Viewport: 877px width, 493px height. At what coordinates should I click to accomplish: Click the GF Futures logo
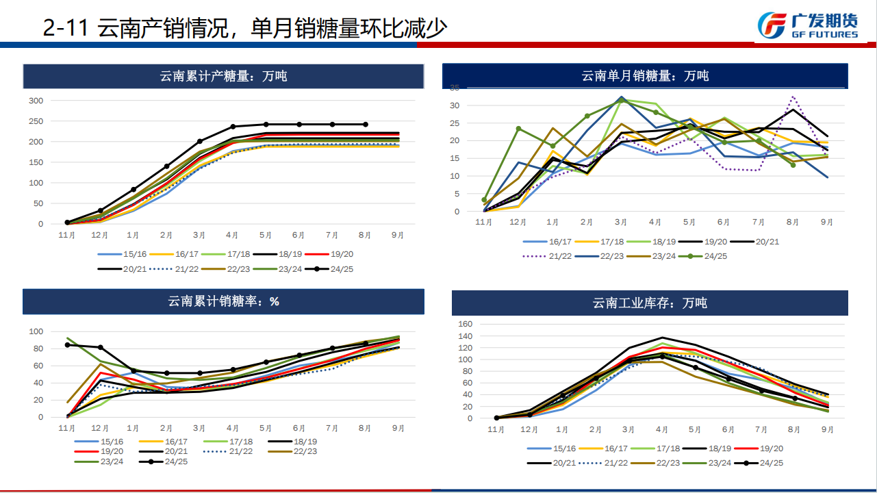(x=808, y=25)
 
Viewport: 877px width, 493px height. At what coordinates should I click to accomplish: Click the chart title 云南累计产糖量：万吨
(x=223, y=76)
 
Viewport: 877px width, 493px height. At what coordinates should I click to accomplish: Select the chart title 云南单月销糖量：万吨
(x=645, y=76)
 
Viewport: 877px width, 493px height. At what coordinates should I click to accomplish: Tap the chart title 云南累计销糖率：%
(x=223, y=301)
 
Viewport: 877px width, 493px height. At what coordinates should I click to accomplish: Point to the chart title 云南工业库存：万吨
(x=650, y=303)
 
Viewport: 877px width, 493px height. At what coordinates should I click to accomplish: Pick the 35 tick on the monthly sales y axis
(x=473, y=88)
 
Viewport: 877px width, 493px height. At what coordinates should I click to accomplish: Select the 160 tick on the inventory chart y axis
(x=465, y=324)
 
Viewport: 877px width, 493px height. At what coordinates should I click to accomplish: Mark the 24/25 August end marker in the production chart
(x=365, y=125)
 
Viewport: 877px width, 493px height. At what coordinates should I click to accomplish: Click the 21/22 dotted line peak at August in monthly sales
(x=793, y=97)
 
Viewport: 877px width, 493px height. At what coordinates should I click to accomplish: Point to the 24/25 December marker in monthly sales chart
(x=518, y=129)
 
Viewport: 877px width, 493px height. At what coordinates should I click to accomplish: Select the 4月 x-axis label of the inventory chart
(x=661, y=430)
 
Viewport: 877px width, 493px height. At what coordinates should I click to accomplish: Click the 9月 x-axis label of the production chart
(x=398, y=236)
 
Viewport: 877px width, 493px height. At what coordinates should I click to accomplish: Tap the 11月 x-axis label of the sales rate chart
(x=67, y=428)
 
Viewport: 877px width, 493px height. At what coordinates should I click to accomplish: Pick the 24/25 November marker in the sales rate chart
(x=67, y=345)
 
